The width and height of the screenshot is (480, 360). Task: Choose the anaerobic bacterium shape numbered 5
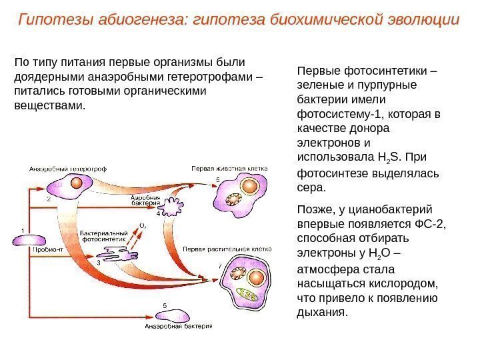pyautogui.click(x=174, y=315)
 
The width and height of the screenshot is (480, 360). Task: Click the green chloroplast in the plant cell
pyautogui.click(x=250, y=294)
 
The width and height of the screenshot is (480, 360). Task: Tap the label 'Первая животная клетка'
pyautogui.click(x=229, y=169)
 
